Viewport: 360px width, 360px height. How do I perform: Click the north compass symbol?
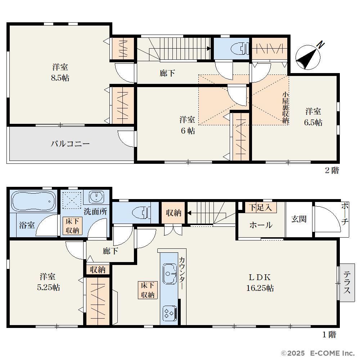coord(308,57)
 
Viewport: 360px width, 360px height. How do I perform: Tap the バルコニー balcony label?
coord(70,144)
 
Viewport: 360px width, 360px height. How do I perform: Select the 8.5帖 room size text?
coord(60,78)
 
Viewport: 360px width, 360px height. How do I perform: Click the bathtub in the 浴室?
coord(34,201)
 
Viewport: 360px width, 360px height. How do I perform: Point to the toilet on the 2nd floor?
coord(239,48)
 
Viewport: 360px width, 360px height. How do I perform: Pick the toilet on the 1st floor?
coord(141,213)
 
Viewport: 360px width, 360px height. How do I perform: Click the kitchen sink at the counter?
coord(169,274)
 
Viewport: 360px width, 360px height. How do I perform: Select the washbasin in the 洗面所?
coord(96,197)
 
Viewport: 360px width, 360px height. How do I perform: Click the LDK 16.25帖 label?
coord(260,283)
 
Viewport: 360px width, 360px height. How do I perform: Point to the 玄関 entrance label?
coord(299,219)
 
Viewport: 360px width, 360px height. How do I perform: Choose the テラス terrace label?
coord(347,282)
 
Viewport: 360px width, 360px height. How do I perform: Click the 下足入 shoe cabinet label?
coord(261,208)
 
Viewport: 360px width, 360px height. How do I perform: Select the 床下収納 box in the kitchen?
coord(148,290)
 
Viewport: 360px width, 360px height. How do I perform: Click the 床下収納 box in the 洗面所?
coord(72,226)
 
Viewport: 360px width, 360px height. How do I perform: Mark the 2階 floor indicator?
coord(332,170)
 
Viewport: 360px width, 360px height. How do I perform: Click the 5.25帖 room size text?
coord(49,287)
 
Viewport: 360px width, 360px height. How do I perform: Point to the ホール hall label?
coord(261,225)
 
